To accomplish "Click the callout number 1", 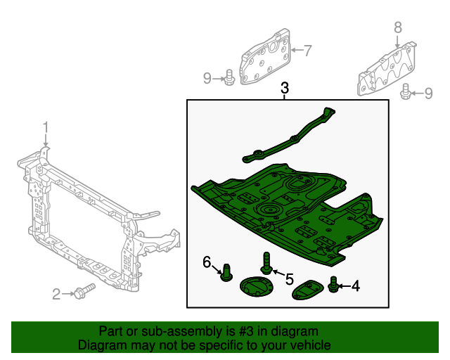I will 46,127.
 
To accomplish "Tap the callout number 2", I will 57,293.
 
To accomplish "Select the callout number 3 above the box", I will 285,89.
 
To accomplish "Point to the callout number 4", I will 355,285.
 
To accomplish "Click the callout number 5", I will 289,278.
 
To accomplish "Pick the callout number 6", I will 207,262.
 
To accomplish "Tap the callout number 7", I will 307,50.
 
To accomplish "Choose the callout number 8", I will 397,27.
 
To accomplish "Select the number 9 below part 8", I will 428,93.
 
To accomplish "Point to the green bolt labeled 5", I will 266,262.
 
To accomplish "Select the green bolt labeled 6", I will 226,271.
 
